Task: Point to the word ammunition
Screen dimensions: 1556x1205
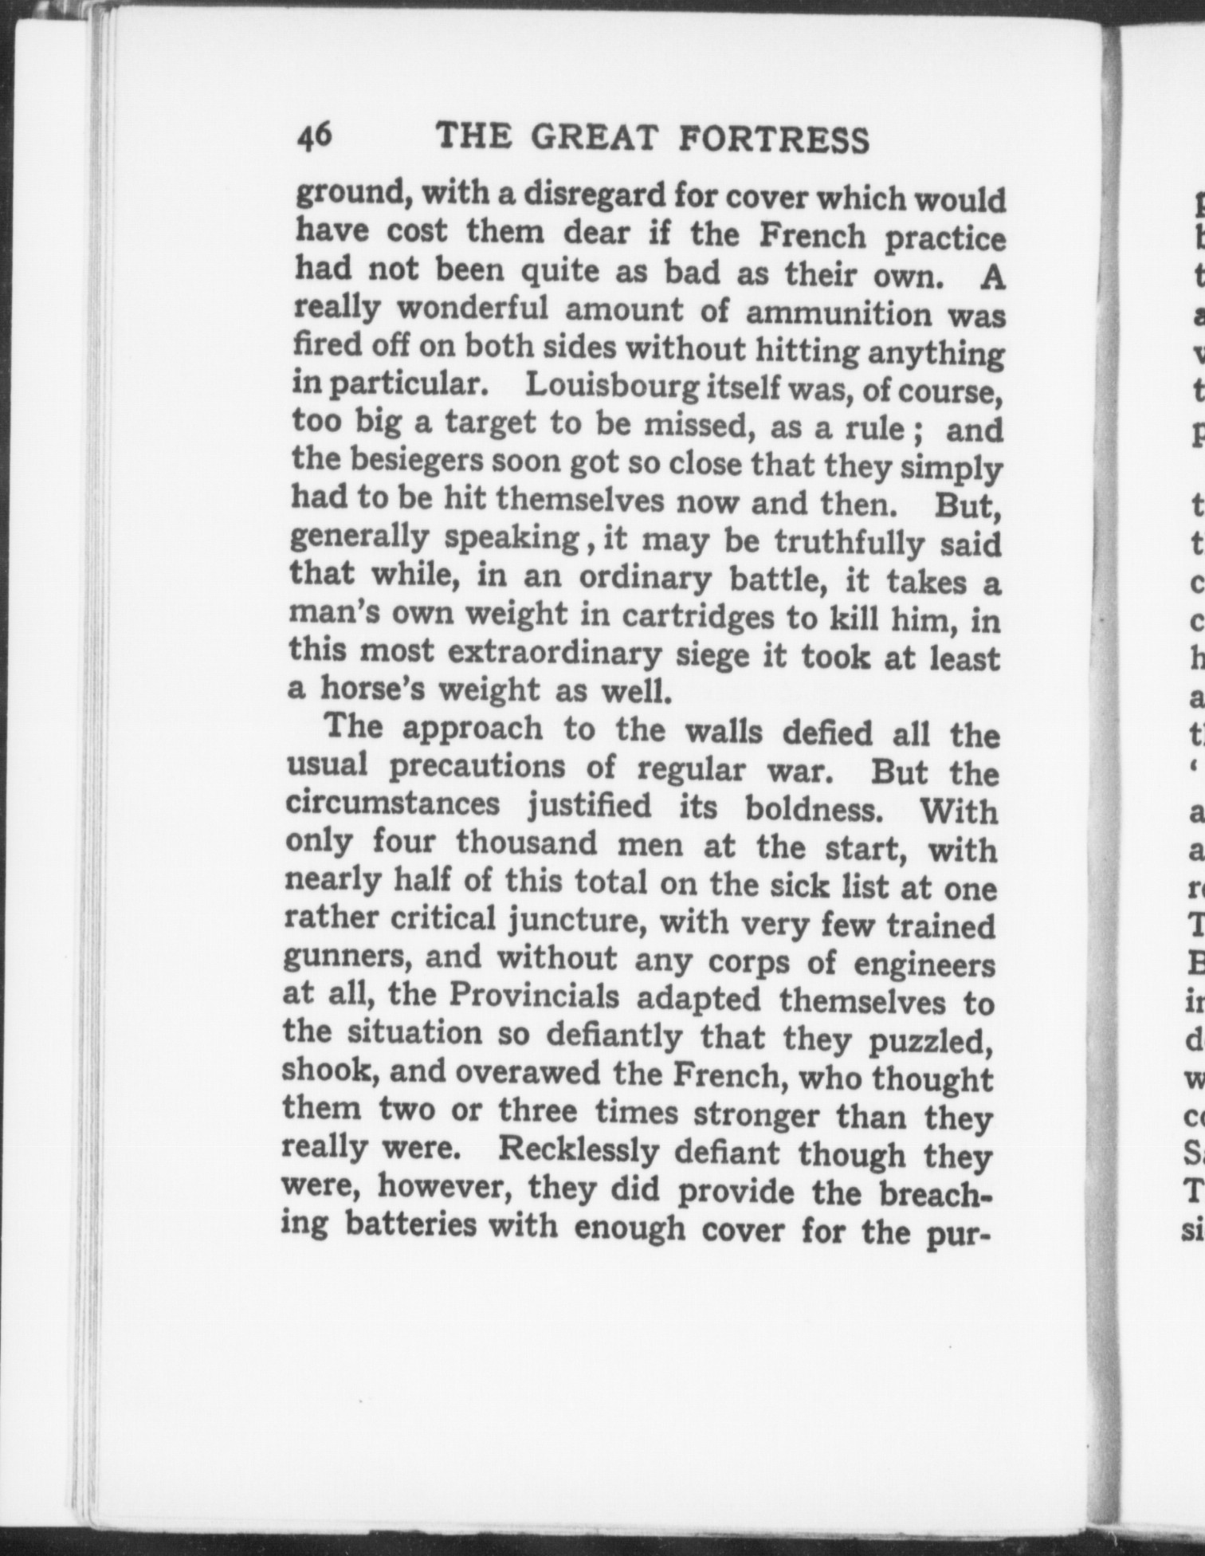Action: pyautogui.click(x=838, y=313)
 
